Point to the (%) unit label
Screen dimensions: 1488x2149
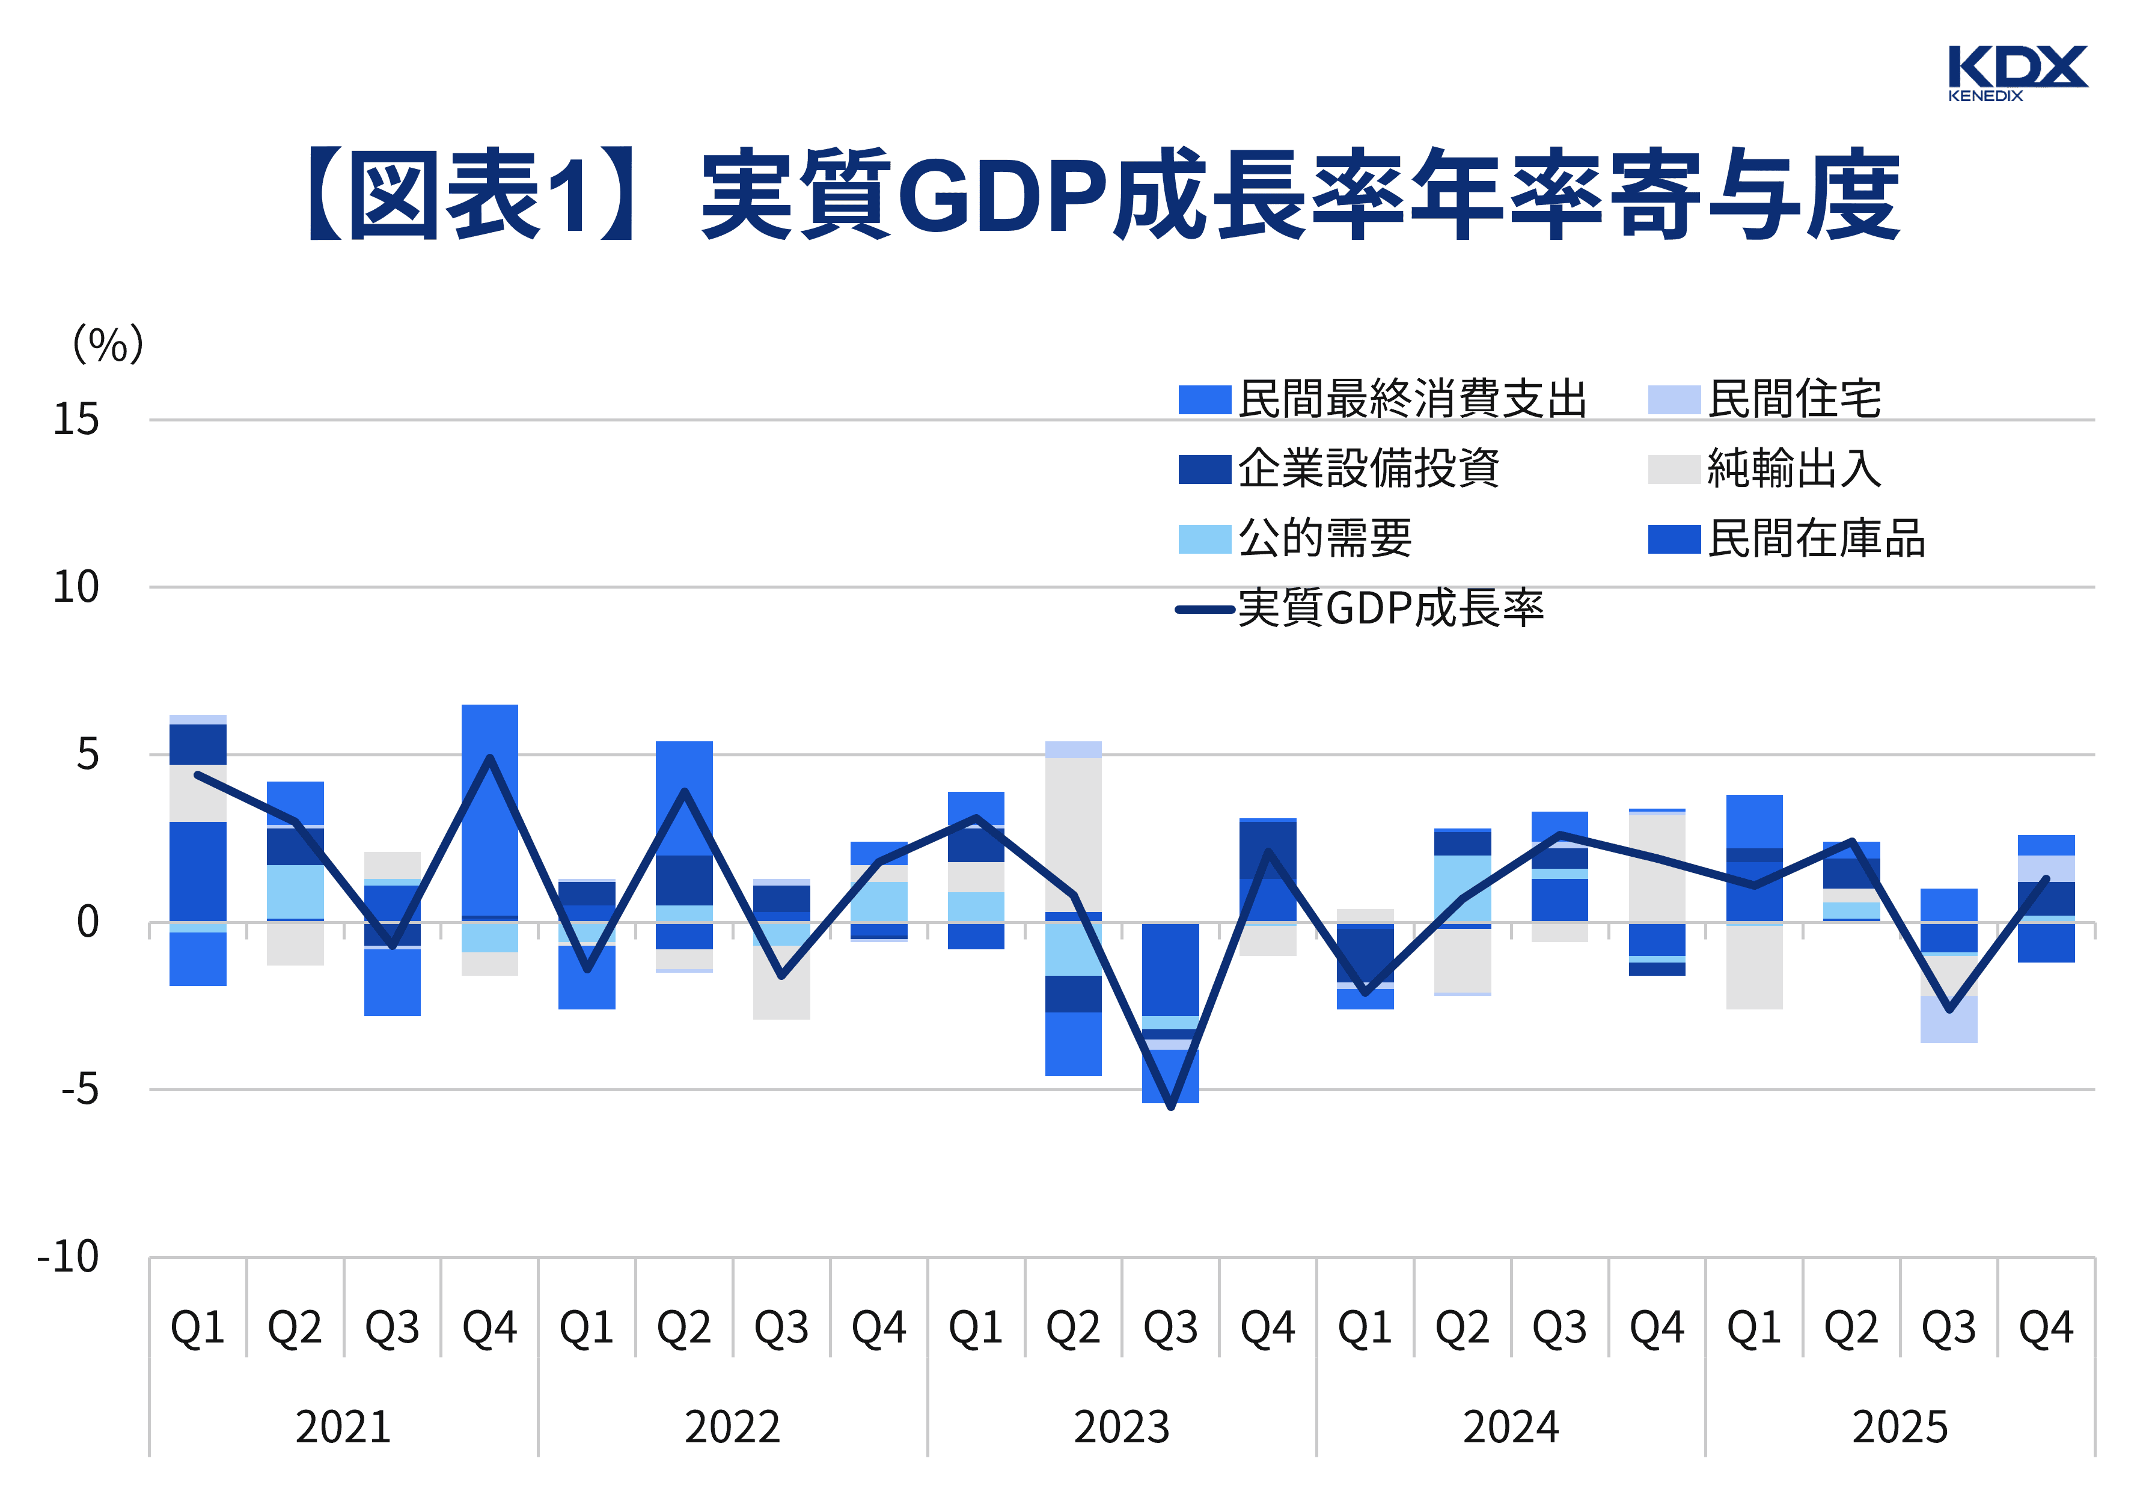click(x=108, y=345)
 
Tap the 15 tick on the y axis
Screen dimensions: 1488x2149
click(x=76, y=420)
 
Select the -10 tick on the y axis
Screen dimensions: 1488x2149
click(x=67, y=1257)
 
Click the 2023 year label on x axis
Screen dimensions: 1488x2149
click(x=1121, y=1427)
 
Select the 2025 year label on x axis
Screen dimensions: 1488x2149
click(x=1900, y=1427)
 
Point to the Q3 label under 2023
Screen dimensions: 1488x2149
click(x=1170, y=1327)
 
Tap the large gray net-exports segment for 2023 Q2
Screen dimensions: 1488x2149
click(x=1072, y=834)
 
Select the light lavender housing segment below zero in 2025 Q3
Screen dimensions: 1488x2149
click(x=1949, y=1019)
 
